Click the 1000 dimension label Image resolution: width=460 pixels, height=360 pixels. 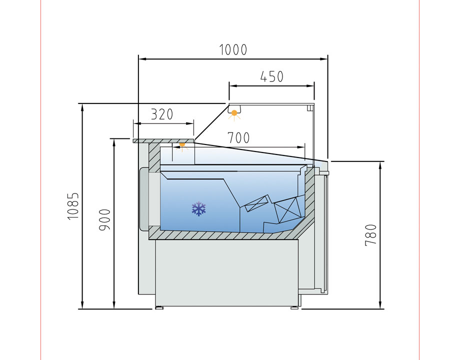click(233, 50)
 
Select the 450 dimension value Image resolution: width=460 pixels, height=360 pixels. click(271, 76)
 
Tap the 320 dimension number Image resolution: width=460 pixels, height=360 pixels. click(161, 114)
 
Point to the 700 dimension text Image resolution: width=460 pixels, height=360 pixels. click(238, 137)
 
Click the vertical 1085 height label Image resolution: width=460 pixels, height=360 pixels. click(73, 205)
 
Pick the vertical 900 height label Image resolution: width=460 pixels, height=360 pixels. click(104, 220)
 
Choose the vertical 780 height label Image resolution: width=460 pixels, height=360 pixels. click(371, 234)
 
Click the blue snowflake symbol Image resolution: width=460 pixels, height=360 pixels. click(199, 208)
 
